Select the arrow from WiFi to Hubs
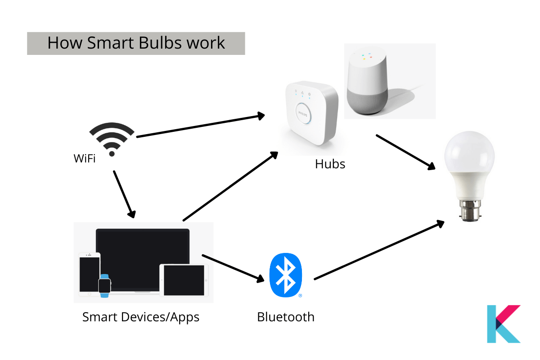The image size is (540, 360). (200, 126)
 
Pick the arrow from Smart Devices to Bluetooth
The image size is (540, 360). (233, 268)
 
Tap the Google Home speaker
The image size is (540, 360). (367, 81)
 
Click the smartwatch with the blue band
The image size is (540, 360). (104, 285)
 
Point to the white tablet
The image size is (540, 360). (184, 280)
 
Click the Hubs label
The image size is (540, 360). (330, 164)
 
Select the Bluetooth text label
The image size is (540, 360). (285, 317)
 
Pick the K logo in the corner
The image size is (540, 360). (503, 324)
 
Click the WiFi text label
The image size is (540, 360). (85, 158)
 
